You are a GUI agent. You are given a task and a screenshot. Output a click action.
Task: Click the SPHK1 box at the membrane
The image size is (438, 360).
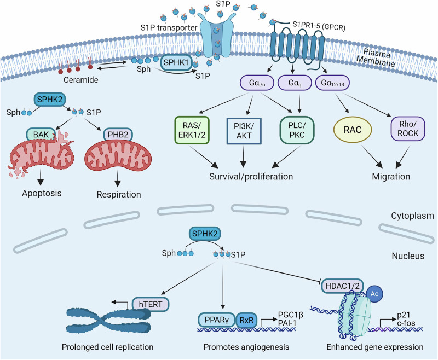(176, 62)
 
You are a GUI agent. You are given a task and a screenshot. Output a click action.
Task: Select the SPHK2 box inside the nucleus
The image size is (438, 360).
(205, 234)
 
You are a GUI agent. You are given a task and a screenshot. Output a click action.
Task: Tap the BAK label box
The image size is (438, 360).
(41, 135)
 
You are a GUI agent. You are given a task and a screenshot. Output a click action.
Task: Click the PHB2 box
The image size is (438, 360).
(118, 135)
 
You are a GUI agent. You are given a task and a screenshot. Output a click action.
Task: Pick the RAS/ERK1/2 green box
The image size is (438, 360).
(192, 130)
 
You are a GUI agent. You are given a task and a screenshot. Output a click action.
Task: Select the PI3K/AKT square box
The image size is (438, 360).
(244, 131)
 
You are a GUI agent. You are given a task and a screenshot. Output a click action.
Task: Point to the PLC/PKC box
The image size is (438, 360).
(297, 130)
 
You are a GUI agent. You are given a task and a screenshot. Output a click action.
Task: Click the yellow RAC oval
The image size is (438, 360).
(353, 130)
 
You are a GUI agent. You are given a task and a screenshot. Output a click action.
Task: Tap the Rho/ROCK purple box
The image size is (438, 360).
(408, 129)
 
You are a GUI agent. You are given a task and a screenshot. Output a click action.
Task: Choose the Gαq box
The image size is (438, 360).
(295, 83)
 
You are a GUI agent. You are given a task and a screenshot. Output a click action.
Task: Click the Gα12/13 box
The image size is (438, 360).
(332, 83)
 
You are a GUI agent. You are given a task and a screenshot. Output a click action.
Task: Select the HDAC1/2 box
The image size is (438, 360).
(343, 286)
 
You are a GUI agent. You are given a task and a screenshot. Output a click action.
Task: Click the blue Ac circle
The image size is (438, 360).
(374, 294)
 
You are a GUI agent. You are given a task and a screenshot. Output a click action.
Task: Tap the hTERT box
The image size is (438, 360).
(150, 304)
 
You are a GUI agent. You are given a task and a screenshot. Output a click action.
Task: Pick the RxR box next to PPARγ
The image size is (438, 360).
(247, 320)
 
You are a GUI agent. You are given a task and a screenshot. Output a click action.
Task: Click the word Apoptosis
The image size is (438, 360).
(42, 193)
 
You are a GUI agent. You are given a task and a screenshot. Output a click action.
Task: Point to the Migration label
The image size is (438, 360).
(391, 176)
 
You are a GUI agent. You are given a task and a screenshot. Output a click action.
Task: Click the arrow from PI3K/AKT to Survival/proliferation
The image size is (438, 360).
(244, 157)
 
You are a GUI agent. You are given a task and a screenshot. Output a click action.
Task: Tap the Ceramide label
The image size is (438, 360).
(81, 80)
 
